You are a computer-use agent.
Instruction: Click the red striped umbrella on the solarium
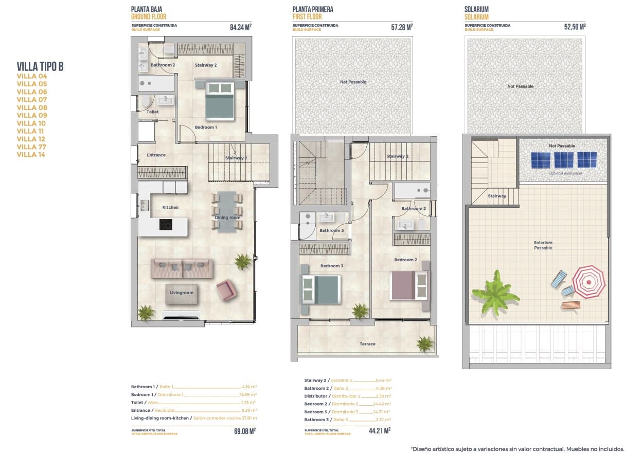[x=589, y=282]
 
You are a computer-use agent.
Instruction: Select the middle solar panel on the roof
[x=564, y=160]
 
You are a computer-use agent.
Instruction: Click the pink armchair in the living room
[x=226, y=290]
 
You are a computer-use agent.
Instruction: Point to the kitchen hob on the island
[x=165, y=225]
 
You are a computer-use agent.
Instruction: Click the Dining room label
[x=227, y=217]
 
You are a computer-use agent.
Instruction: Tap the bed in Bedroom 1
[x=220, y=101]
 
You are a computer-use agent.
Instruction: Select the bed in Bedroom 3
[x=321, y=289]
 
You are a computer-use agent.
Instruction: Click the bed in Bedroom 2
[x=409, y=285]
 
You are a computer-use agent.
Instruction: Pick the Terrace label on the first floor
[x=367, y=344]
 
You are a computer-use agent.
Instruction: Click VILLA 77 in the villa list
[x=31, y=147]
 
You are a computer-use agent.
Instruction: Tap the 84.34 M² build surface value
[x=241, y=27]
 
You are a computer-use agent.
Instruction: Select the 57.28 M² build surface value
[x=402, y=27]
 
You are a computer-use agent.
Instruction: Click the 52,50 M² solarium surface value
[x=575, y=27]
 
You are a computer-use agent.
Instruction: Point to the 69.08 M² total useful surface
[x=245, y=431]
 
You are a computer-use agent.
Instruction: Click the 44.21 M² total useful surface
[x=380, y=431]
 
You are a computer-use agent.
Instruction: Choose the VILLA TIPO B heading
[x=40, y=66]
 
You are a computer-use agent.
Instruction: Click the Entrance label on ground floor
[x=156, y=155]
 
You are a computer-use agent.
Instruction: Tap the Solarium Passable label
[x=543, y=245]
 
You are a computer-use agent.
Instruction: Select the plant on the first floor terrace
[x=425, y=343]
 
